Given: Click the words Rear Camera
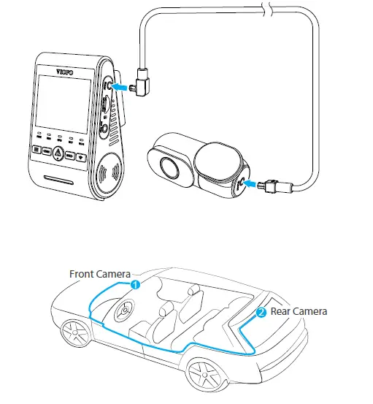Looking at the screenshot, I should tap(299, 311).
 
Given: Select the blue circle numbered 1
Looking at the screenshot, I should tap(134, 284).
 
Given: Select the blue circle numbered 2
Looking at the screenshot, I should tap(261, 312).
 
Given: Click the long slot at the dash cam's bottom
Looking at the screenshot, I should tap(58, 179).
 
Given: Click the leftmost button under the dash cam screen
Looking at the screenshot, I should tap(36, 153).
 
